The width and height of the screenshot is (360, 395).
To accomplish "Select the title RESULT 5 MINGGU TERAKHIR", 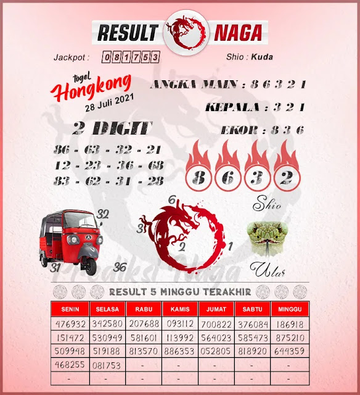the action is pyautogui.click(x=180, y=291).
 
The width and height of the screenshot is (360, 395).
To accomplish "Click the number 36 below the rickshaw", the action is pyautogui.click(x=120, y=267).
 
